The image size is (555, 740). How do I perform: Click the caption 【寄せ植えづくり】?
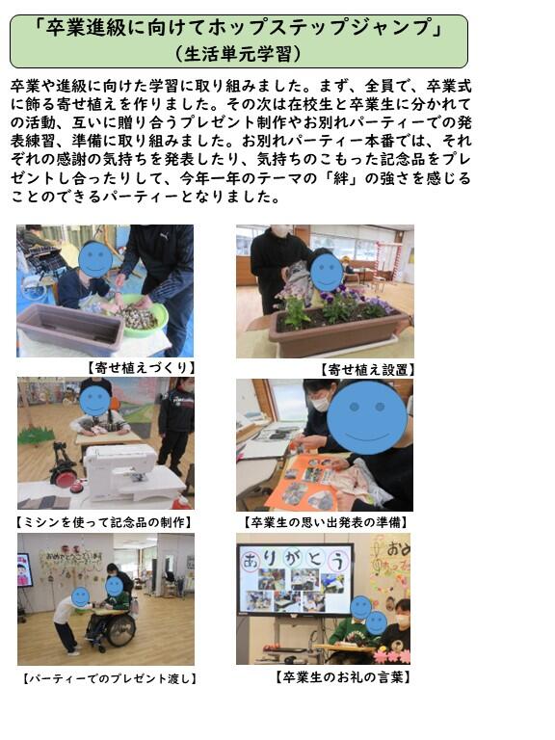coord(142,368)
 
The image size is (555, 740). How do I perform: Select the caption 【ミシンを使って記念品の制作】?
coord(104,522)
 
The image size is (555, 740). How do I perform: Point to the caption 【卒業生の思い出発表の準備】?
coord(326,522)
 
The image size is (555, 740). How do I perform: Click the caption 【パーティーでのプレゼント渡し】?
coord(110,678)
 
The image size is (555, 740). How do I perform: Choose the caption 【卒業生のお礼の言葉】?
coord(343,677)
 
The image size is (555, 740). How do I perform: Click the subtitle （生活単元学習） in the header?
coord(238,54)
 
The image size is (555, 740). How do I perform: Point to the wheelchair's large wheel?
coord(120,629)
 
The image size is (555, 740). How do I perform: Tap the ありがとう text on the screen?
coord(295,561)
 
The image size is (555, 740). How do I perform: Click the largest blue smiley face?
coord(367,417)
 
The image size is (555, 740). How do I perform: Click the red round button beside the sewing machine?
coord(75,488)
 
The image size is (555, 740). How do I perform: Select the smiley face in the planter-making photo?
coord(94,258)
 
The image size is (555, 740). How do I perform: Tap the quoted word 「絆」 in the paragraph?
coord(341,178)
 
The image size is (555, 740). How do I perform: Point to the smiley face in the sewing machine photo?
coord(94,401)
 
